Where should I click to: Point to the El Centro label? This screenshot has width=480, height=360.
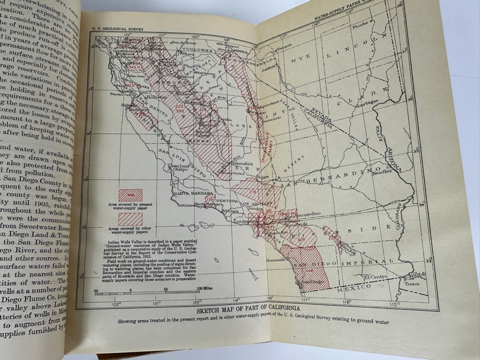[x=374, y=277]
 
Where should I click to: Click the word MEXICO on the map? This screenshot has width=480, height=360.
[x=354, y=287]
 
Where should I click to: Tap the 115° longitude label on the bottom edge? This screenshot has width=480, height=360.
[x=394, y=304]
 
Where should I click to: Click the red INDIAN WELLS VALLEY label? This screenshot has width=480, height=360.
[x=268, y=141]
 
